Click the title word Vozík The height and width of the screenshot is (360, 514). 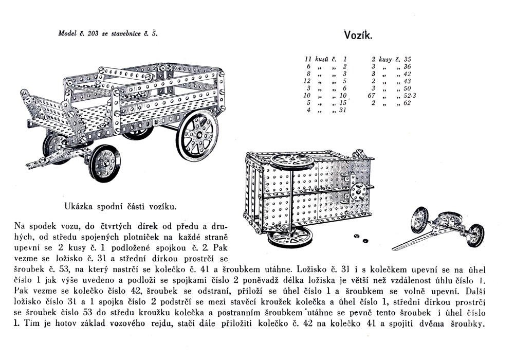(357, 35)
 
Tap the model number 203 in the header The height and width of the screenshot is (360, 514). (93, 33)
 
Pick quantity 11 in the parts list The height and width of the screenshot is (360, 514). (308, 59)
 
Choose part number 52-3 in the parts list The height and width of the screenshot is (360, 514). (411, 95)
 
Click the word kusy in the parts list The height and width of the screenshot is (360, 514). (385, 59)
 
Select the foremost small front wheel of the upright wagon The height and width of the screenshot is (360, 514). (104, 163)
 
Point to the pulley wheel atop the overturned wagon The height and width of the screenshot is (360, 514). (291, 160)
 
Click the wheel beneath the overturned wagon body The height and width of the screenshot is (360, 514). (290, 239)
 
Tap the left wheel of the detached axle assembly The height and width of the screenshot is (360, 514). (419, 220)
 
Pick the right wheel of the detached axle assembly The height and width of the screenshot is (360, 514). (475, 235)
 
